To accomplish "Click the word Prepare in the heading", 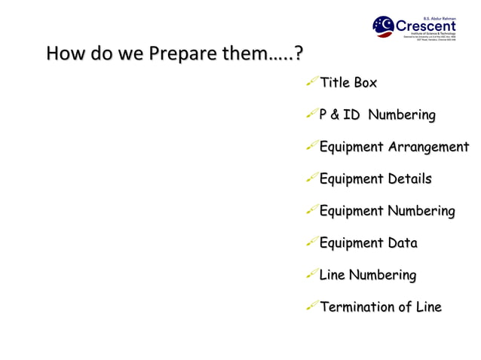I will tap(176, 54).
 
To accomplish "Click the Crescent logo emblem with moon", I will tap(383, 26).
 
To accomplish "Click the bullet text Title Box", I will tap(348, 83).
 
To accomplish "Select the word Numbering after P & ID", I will tap(401, 115).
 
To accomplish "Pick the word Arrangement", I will tap(428, 147).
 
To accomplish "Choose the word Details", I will tap(409, 179).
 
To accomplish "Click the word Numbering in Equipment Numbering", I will tap(421, 211).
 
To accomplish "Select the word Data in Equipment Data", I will tap(402, 243).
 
